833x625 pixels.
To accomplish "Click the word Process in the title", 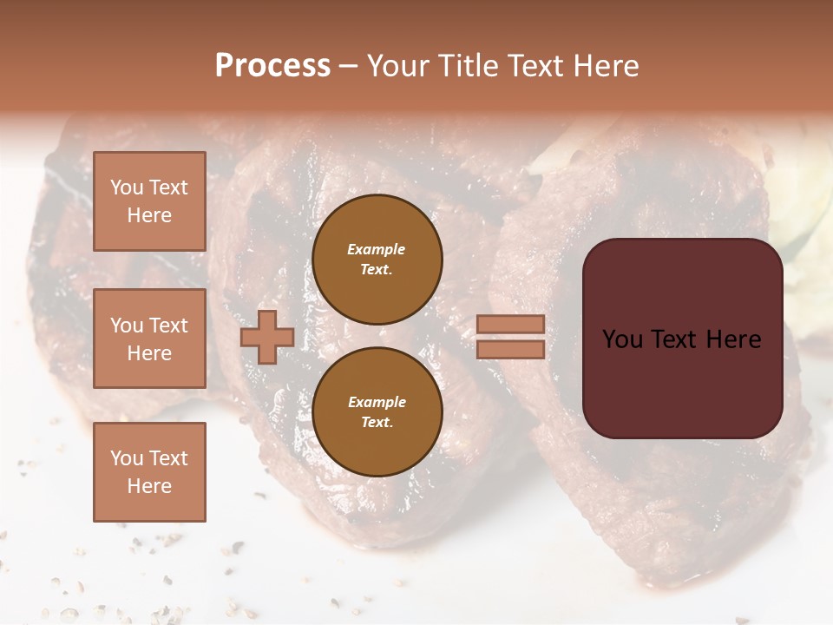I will coord(272,66).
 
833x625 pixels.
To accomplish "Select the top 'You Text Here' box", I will coord(149,201).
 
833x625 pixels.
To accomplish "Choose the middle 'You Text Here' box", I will coord(149,339).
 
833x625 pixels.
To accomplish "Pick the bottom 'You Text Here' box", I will coord(149,471).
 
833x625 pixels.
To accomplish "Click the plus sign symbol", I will coord(266,337).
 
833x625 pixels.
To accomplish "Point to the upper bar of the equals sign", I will coord(510,324).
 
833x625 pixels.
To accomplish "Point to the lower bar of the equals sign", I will coord(510,350).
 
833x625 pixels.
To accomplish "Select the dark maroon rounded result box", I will coord(682,382).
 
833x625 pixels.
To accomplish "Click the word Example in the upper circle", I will coord(377,249).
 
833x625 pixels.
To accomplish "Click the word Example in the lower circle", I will coord(377,402).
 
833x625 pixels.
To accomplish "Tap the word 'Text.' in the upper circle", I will coord(377,269).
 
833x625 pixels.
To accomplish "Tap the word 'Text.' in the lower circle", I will coord(377,422).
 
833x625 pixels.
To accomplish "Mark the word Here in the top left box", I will coord(149,215).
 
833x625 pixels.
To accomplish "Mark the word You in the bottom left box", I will coord(127,457).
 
